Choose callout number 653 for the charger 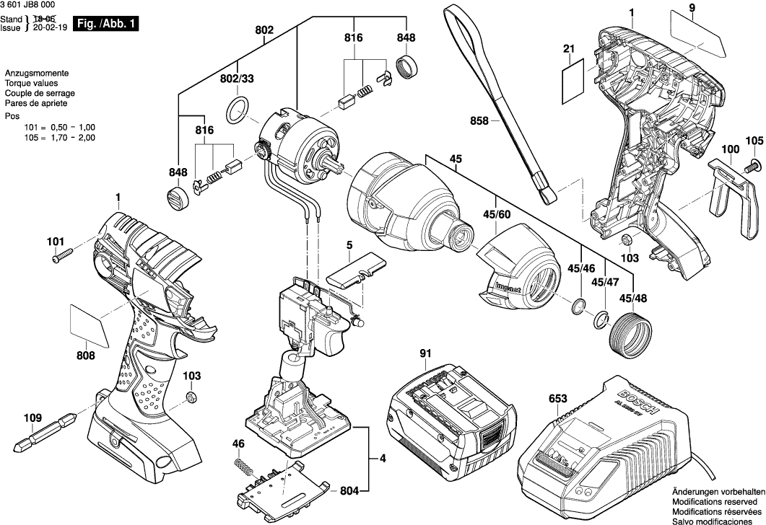coord(557,399)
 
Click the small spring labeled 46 coord(245,469)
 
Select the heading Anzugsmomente coord(36,74)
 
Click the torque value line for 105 coord(50,137)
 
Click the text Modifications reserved coord(714,500)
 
